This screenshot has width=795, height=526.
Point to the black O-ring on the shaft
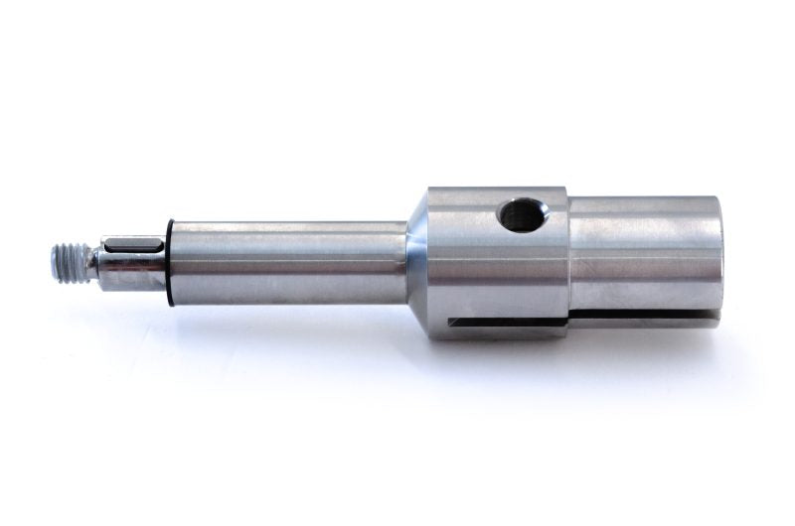coord(170,262)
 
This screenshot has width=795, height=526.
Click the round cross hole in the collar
coord(521,214)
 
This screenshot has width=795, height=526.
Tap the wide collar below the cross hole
coord(497,278)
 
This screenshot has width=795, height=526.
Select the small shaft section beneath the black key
coord(133,274)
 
